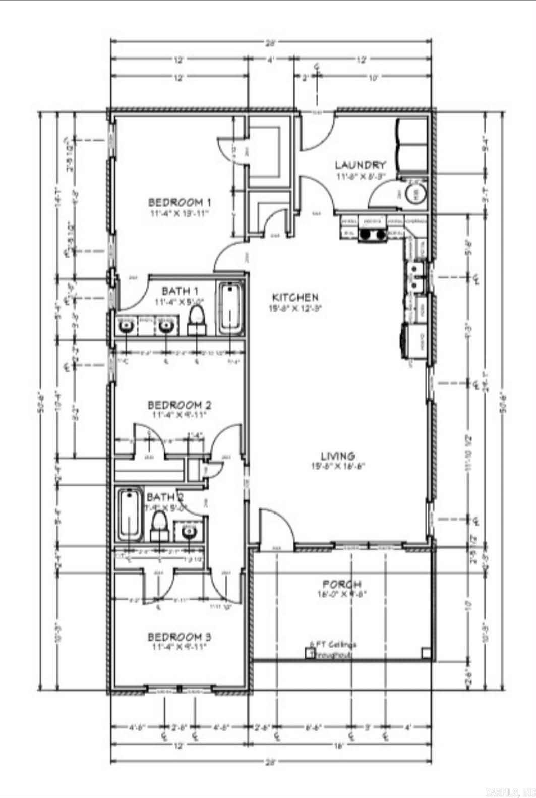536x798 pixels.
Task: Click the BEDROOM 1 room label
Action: pos(179,202)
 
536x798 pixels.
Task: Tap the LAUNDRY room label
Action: pos(361,165)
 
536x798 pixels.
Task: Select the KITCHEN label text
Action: pos(295,297)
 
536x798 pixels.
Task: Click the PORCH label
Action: pos(341,584)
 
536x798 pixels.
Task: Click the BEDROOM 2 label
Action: pos(179,405)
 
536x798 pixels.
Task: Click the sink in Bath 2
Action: pos(189,531)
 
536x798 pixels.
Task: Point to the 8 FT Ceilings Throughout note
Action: pos(333,649)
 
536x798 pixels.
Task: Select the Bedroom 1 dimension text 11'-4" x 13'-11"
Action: pos(179,213)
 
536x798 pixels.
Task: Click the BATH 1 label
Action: pos(180,291)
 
